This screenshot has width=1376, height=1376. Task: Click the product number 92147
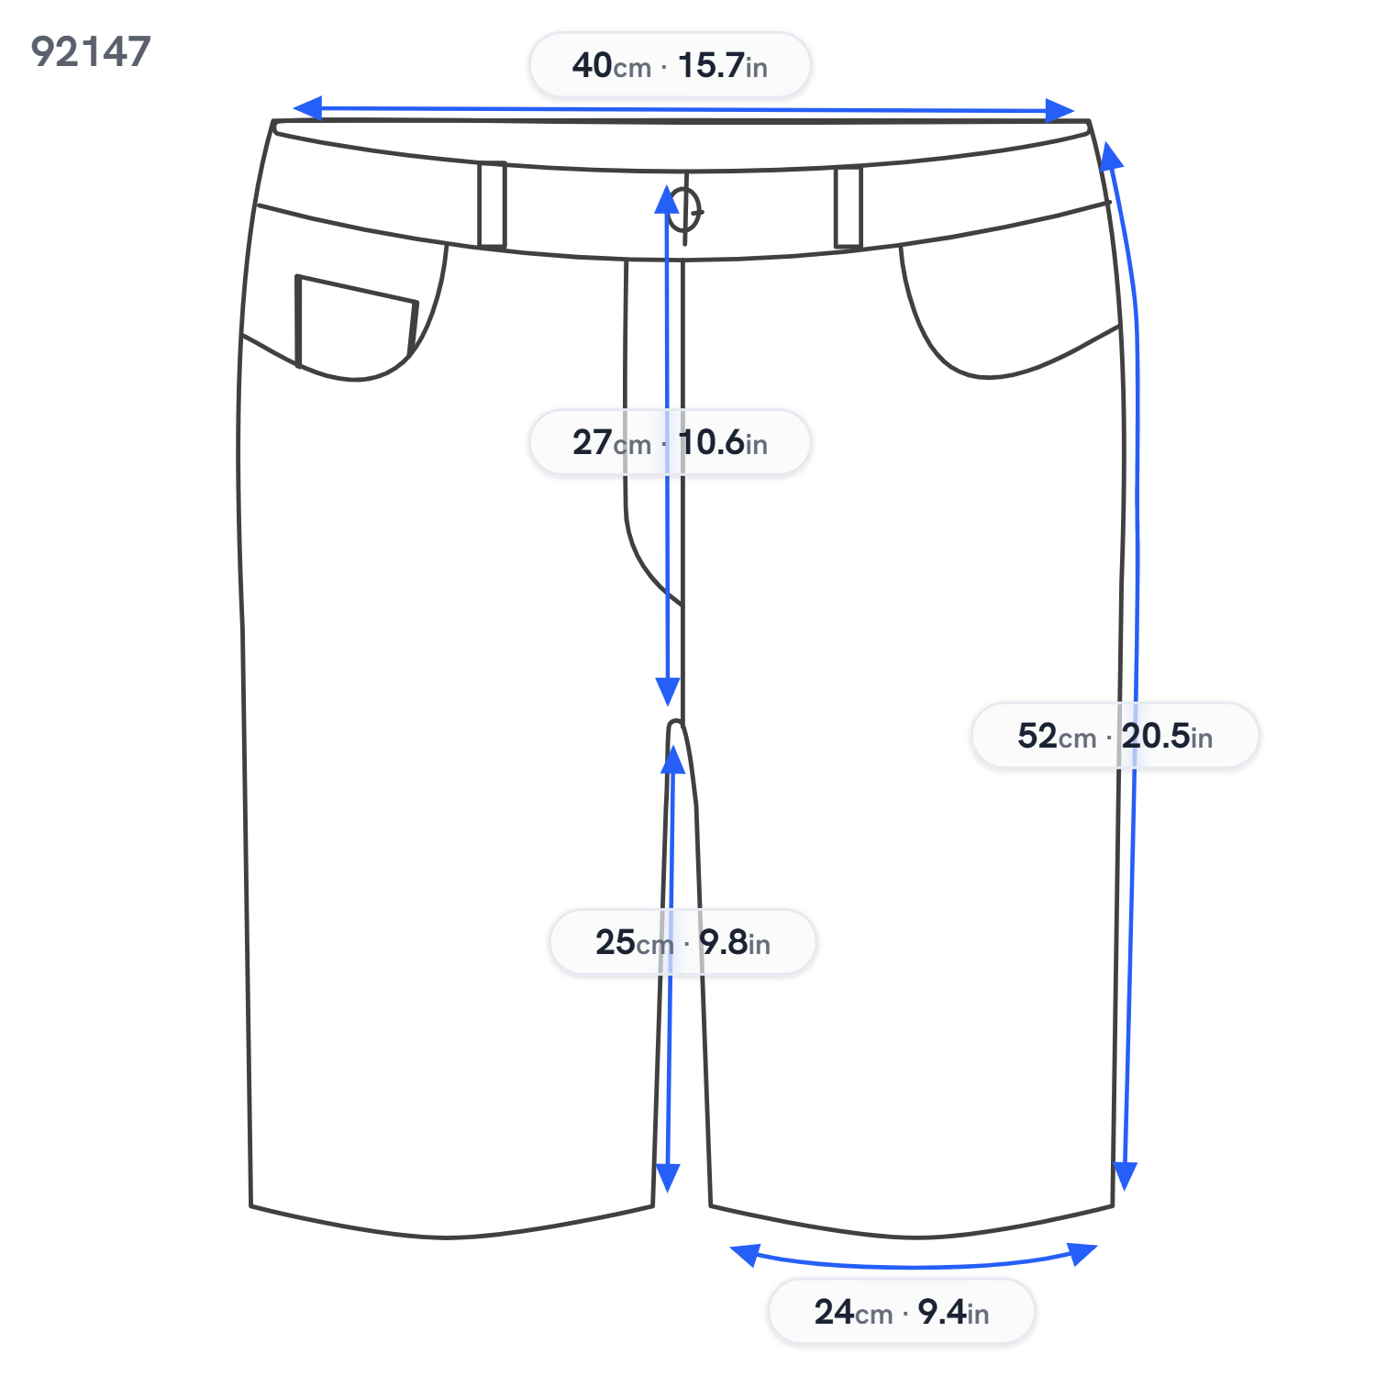point(91,51)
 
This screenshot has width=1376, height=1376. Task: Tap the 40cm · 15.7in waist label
point(670,65)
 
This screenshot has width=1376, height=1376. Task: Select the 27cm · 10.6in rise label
point(670,442)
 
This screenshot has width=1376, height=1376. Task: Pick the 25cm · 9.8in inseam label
point(682,942)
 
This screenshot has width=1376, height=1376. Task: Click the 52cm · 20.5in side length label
point(1115,736)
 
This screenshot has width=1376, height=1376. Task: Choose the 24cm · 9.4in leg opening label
point(902,1312)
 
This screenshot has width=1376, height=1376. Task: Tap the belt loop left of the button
point(492,205)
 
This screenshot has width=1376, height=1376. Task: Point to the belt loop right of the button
point(849,207)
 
